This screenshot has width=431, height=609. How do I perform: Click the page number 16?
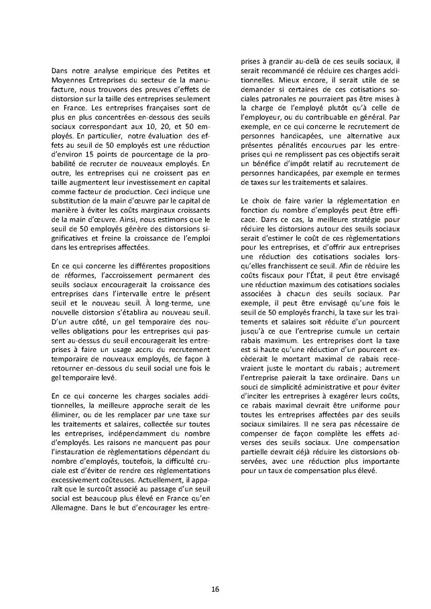[x=215, y=570]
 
